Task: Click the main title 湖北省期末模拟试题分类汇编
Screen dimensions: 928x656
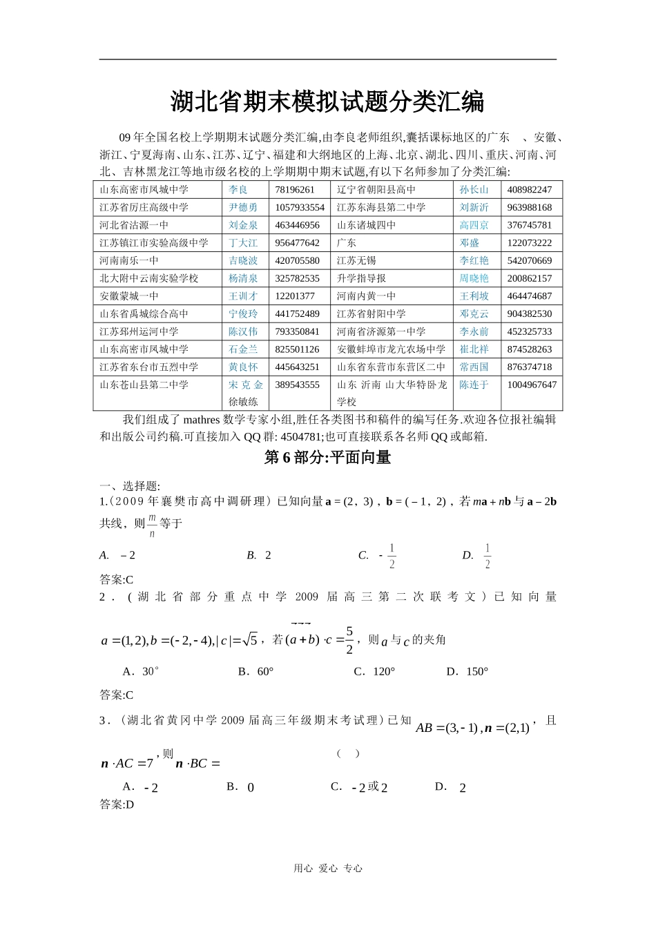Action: click(x=327, y=102)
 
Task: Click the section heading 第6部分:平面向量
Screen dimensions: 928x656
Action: click(x=327, y=457)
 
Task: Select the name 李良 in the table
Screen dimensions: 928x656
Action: click(x=238, y=189)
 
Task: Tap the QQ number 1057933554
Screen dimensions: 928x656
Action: click(x=300, y=207)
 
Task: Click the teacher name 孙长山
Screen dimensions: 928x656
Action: click(x=474, y=189)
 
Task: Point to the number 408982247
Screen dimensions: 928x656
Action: click(x=530, y=189)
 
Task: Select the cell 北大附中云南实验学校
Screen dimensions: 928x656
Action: click(x=149, y=278)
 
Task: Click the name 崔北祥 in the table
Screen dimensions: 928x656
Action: click(x=474, y=349)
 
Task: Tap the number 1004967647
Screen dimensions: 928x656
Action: click(x=532, y=385)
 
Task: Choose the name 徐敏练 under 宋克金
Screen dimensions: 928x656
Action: click(x=244, y=402)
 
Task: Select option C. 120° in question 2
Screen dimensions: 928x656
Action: click(x=374, y=671)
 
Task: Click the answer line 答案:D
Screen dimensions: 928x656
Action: click(x=117, y=804)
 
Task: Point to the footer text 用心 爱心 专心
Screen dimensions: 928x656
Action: click(x=328, y=869)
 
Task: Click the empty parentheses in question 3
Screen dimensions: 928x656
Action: click(x=348, y=753)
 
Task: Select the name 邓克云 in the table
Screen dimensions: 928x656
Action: click(x=474, y=313)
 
